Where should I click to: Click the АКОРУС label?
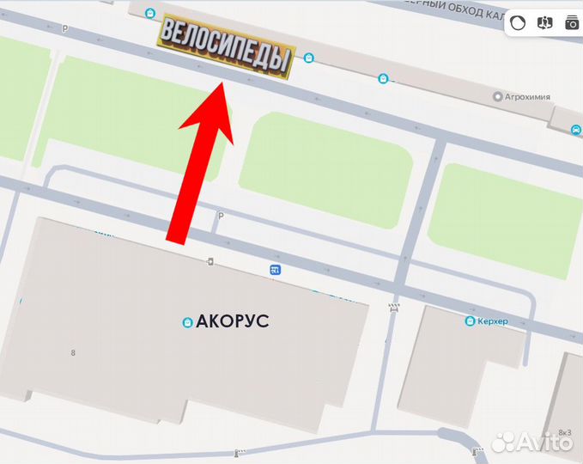point(233,322)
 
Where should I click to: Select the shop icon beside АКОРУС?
point(186,323)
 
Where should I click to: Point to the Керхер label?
point(493,321)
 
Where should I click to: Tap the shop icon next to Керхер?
point(470,321)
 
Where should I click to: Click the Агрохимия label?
point(527,97)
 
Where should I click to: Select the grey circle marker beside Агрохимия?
point(497,97)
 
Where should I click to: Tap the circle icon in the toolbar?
point(517,23)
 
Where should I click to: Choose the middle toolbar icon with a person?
point(544,23)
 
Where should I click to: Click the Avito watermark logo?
point(533,443)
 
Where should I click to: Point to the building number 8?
point(73,353)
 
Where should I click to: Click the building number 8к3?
point(564,431)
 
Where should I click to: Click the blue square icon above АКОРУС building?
point(275,271)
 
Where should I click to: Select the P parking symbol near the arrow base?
point(221,217)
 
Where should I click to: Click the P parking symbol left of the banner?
point(65,28)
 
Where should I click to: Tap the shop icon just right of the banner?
point(309,58)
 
